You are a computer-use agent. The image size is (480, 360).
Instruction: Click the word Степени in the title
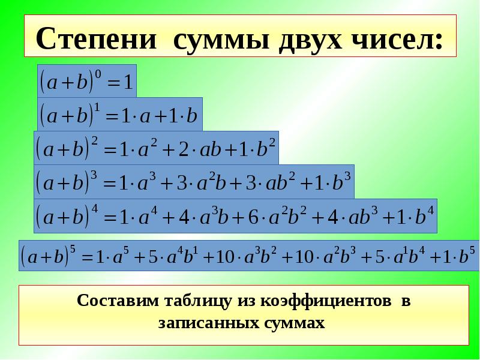tap(96, 39)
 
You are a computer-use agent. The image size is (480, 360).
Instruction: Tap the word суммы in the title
tap(221, 41)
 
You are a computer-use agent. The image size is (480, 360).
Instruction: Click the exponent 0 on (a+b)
tap(98, 74)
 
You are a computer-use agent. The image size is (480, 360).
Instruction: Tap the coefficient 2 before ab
tap(183, 149)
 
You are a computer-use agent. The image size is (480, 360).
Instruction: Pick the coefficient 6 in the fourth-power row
tap(253, 217)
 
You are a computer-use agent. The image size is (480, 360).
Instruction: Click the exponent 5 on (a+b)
tap(72, 250)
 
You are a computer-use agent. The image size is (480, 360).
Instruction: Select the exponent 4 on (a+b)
tap(95, 209)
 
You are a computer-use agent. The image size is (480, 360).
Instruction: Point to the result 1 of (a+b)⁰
tap(128, 82)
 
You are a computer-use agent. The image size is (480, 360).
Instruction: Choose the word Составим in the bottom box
tap(118, 301)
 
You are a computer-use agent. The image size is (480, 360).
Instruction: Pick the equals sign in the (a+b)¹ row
tap(112, 117)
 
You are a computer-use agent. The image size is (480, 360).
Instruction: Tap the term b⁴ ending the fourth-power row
tap(425, 215)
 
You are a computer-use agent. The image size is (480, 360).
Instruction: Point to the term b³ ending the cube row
tap(341, 182)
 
